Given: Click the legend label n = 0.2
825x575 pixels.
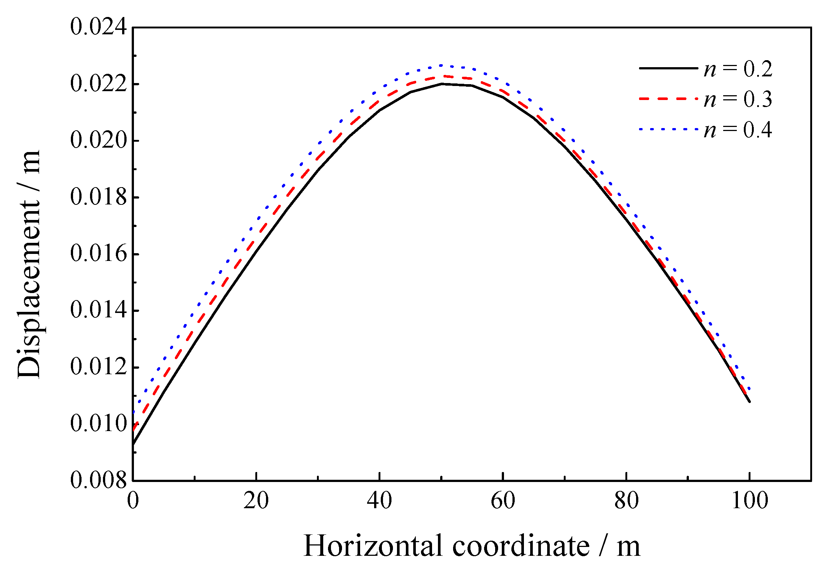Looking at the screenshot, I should [x=738, y=69].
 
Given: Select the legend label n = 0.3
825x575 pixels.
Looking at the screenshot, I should [x=738, y=99].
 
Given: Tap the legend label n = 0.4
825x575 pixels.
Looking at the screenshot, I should [x=738, y=130].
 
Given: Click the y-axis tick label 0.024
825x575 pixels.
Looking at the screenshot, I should [x=98, y=28].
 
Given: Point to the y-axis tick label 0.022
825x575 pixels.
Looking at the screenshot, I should [x=98, y=84].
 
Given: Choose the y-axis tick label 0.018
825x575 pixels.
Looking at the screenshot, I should [x=98, y=197].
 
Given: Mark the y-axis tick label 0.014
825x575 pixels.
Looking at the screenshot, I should [x=98, y=311].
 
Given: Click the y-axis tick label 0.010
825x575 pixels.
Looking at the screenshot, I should [x=98, y=424].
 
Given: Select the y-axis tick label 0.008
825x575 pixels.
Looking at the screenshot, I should [x=98, y=481].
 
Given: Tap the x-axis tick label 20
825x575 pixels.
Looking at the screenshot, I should [x=256, y=501].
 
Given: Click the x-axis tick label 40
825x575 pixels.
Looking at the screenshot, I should [x=379, y=501].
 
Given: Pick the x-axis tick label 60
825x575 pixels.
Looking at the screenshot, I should [x=503, y=501].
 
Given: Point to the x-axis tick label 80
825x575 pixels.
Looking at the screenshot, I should [x=626, y=501].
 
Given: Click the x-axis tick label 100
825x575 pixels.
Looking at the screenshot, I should [x=749, y=501].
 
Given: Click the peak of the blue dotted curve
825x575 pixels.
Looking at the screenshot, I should [x=441, y=65].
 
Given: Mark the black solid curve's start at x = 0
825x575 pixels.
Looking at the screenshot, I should [x=133, y=444].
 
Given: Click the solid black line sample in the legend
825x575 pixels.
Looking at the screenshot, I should [x=668, y=68].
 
